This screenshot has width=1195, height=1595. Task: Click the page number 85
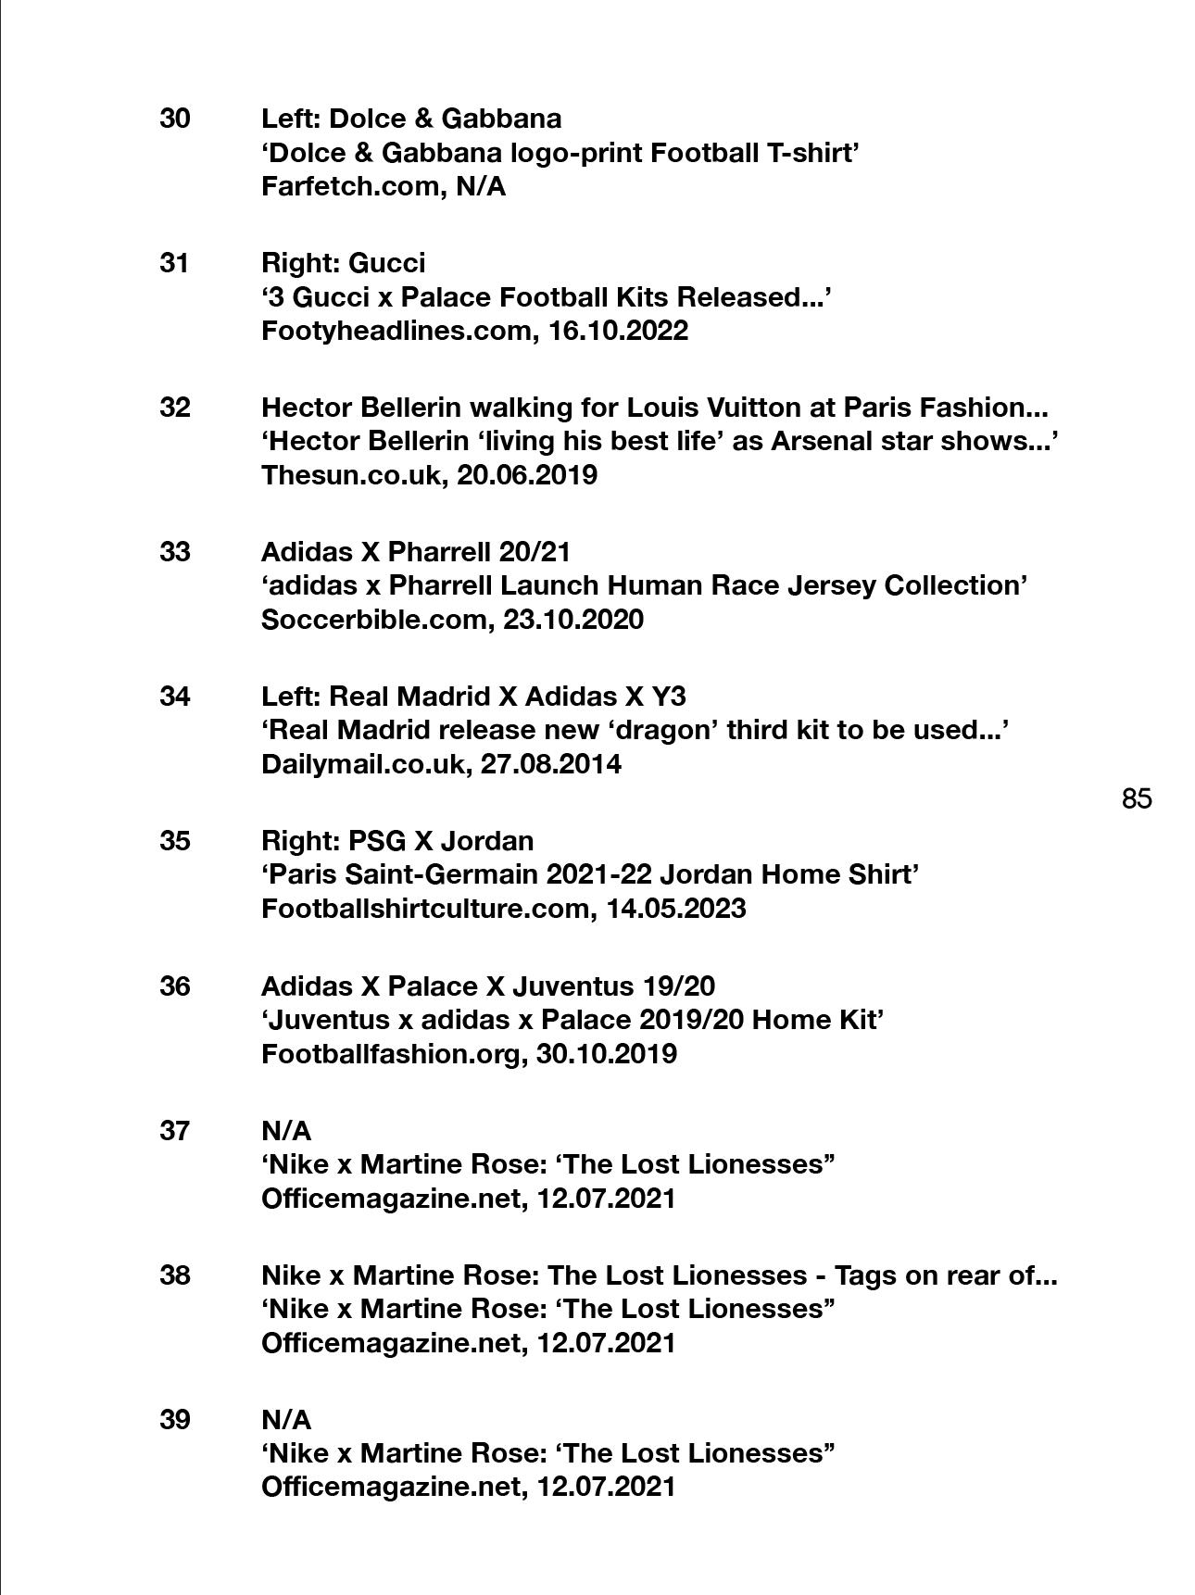click(x=1137, y=798)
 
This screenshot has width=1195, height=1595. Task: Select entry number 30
click(x=175, y=119)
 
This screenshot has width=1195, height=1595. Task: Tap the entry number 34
click(x=175, y=697)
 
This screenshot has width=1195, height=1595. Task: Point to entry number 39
click(x=175, y=1420)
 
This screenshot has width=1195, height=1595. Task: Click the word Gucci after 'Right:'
click(x=386, y=263)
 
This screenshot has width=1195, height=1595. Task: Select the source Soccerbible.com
click(x=373, y=620)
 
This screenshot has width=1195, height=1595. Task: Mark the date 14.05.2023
click(x=676, y=909)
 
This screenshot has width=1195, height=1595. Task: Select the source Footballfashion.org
click(x=390, y=1054)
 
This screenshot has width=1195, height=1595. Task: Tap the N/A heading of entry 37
click(x=286, y=1131)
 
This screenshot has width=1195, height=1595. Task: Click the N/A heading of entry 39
click(x=286, y=1420)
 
